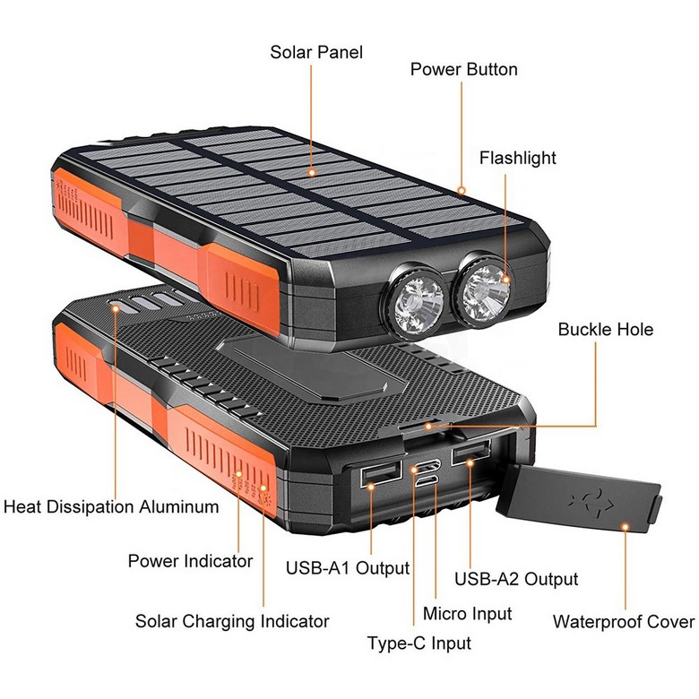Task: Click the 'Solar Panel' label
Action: [x=316, y=53]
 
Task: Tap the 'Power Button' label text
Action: [x=463, y=70]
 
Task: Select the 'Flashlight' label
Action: [x=518, y=159]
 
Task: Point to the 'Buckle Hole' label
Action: [x=606, y=330]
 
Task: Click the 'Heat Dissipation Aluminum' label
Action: [x=111, y=507]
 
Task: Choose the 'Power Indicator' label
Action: [x=190, y=561]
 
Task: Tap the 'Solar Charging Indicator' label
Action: [x=232, y=621]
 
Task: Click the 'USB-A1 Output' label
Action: [x=348, y=568]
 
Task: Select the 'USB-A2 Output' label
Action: [x=516, y=579]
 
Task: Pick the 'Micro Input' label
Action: [x=467, y=613]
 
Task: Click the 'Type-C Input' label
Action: [x=419, y=643]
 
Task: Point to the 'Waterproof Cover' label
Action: [x=624, y=621]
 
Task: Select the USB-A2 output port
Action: [x=470, y=452]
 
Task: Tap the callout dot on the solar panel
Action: [x=312, y=172]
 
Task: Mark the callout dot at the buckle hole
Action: [x=428, y=427]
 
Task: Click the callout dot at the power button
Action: [x=462, y=191]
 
